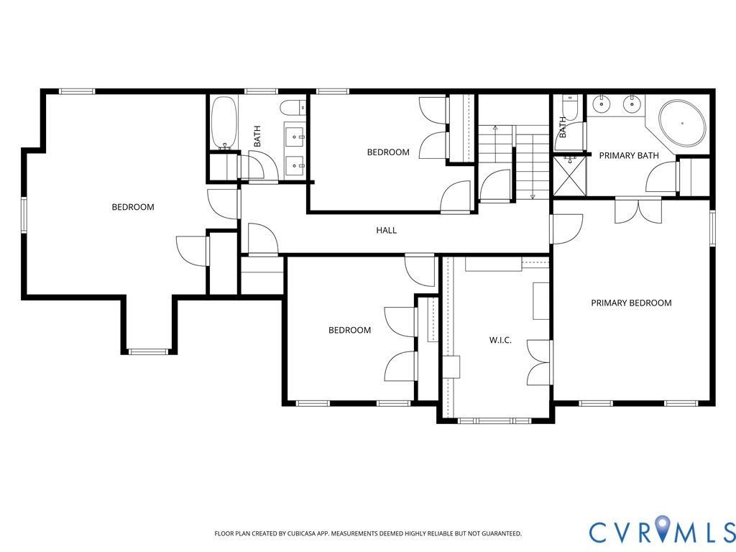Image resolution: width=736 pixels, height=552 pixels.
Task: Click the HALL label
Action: (386, 230)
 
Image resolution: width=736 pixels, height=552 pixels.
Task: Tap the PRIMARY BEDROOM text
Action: (631, 303)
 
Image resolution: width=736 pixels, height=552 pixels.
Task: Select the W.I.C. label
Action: (500, 340)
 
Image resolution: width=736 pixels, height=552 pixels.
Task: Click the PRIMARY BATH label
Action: (629, 155)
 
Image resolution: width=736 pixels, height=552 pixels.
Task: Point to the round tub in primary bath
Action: (682, 124)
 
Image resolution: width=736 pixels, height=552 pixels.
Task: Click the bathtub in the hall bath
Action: (223, 123)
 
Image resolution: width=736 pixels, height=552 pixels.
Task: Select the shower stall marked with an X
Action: (570, 176)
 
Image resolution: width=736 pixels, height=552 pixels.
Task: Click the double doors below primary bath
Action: (638, 211)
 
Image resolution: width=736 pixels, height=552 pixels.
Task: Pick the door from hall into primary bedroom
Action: (566, 229)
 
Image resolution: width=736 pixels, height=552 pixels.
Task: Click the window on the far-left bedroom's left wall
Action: (24, 214)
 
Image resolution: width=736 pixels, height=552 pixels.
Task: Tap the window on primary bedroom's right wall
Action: (712, 228)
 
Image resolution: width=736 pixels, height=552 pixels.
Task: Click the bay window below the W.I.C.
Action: (494, 420)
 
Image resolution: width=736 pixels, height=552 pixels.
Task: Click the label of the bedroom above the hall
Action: (388, 152)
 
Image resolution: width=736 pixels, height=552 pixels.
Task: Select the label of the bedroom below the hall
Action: (350, 330)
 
